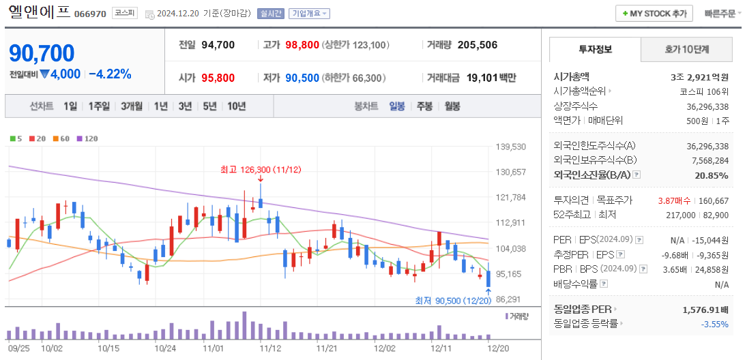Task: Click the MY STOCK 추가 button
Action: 654,14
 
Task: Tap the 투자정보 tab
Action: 596,50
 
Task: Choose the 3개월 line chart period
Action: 131,106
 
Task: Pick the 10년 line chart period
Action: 237,106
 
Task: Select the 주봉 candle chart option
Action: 424,106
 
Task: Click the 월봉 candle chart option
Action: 452,106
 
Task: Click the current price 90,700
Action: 42,52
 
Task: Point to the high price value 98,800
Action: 302,45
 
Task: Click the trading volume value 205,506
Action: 477,45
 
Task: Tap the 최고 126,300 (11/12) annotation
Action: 261,169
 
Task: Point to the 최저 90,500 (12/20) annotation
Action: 454,301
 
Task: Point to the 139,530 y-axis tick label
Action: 511,147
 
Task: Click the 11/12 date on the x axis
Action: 270,348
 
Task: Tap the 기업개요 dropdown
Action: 309,14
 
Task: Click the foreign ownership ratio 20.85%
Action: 711,176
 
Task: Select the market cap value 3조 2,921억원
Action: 699,77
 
